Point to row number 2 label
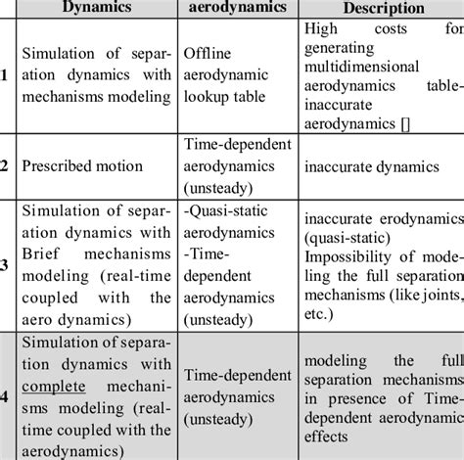[5, 165]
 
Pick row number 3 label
[5, 262]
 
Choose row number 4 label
[5, 397]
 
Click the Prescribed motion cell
[70, 166]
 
